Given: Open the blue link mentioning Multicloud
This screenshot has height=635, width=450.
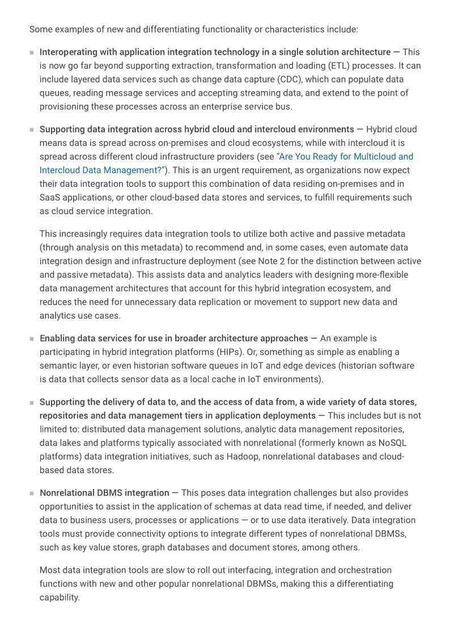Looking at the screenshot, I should [345, 157].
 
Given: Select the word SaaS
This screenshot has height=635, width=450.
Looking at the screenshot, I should [50, 198].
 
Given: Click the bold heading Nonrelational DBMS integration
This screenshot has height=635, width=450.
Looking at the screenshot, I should [104, 493].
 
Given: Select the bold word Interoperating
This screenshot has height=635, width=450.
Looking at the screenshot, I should [67, 52].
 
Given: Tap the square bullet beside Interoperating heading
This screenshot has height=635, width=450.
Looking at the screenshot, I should [32, 53].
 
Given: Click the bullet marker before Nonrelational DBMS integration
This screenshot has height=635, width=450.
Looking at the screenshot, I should [32, 494].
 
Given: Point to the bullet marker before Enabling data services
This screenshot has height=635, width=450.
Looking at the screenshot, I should [32, 339].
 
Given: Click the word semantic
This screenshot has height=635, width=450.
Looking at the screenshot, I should [58, 366].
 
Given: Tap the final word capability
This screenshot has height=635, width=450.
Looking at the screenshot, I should [59, 597].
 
